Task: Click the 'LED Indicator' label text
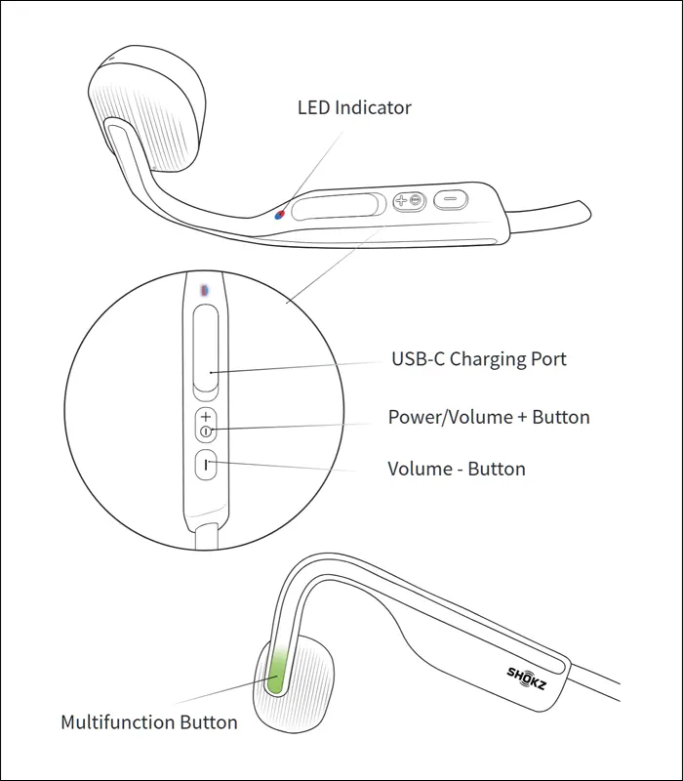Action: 354,107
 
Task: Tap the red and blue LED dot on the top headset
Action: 280,214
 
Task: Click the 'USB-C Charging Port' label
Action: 478,359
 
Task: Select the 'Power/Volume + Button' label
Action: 489,417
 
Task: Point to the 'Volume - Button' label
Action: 457,469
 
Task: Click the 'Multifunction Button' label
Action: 148,722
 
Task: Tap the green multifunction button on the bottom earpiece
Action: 276,672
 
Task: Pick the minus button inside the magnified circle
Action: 206,464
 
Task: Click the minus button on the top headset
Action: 451,200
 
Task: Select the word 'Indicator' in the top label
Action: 374,107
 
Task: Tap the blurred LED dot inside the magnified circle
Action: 204,290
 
